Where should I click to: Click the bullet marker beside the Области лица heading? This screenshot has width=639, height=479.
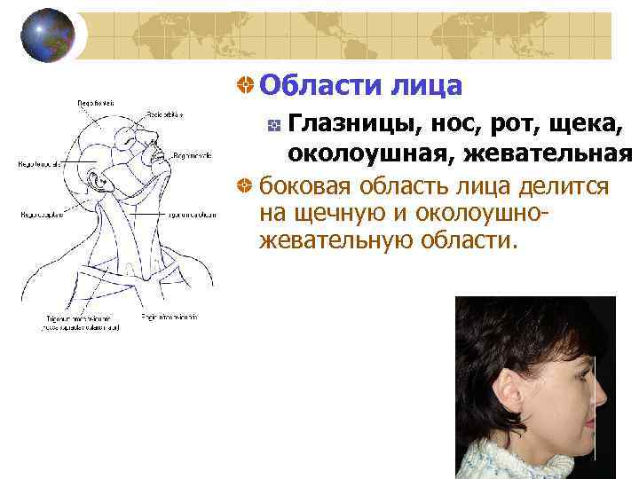[242, 86]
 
